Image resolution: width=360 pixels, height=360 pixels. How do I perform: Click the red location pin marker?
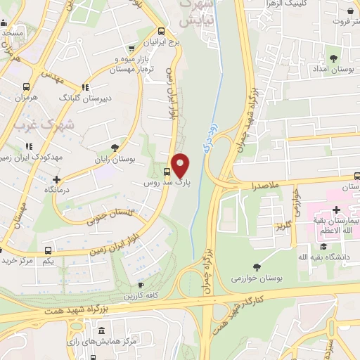pos(181,165)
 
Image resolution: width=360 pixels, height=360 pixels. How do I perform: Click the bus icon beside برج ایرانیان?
pos(161,31)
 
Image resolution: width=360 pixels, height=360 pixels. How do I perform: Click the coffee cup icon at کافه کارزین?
pos(141,285)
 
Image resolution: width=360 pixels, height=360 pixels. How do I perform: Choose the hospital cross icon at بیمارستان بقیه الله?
pos(336,210)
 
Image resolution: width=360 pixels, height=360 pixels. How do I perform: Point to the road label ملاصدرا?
pos(263,188)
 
